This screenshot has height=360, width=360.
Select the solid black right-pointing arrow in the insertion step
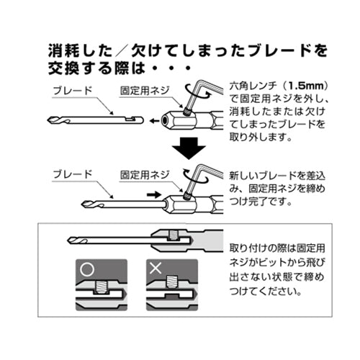click(x=152, y=194)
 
